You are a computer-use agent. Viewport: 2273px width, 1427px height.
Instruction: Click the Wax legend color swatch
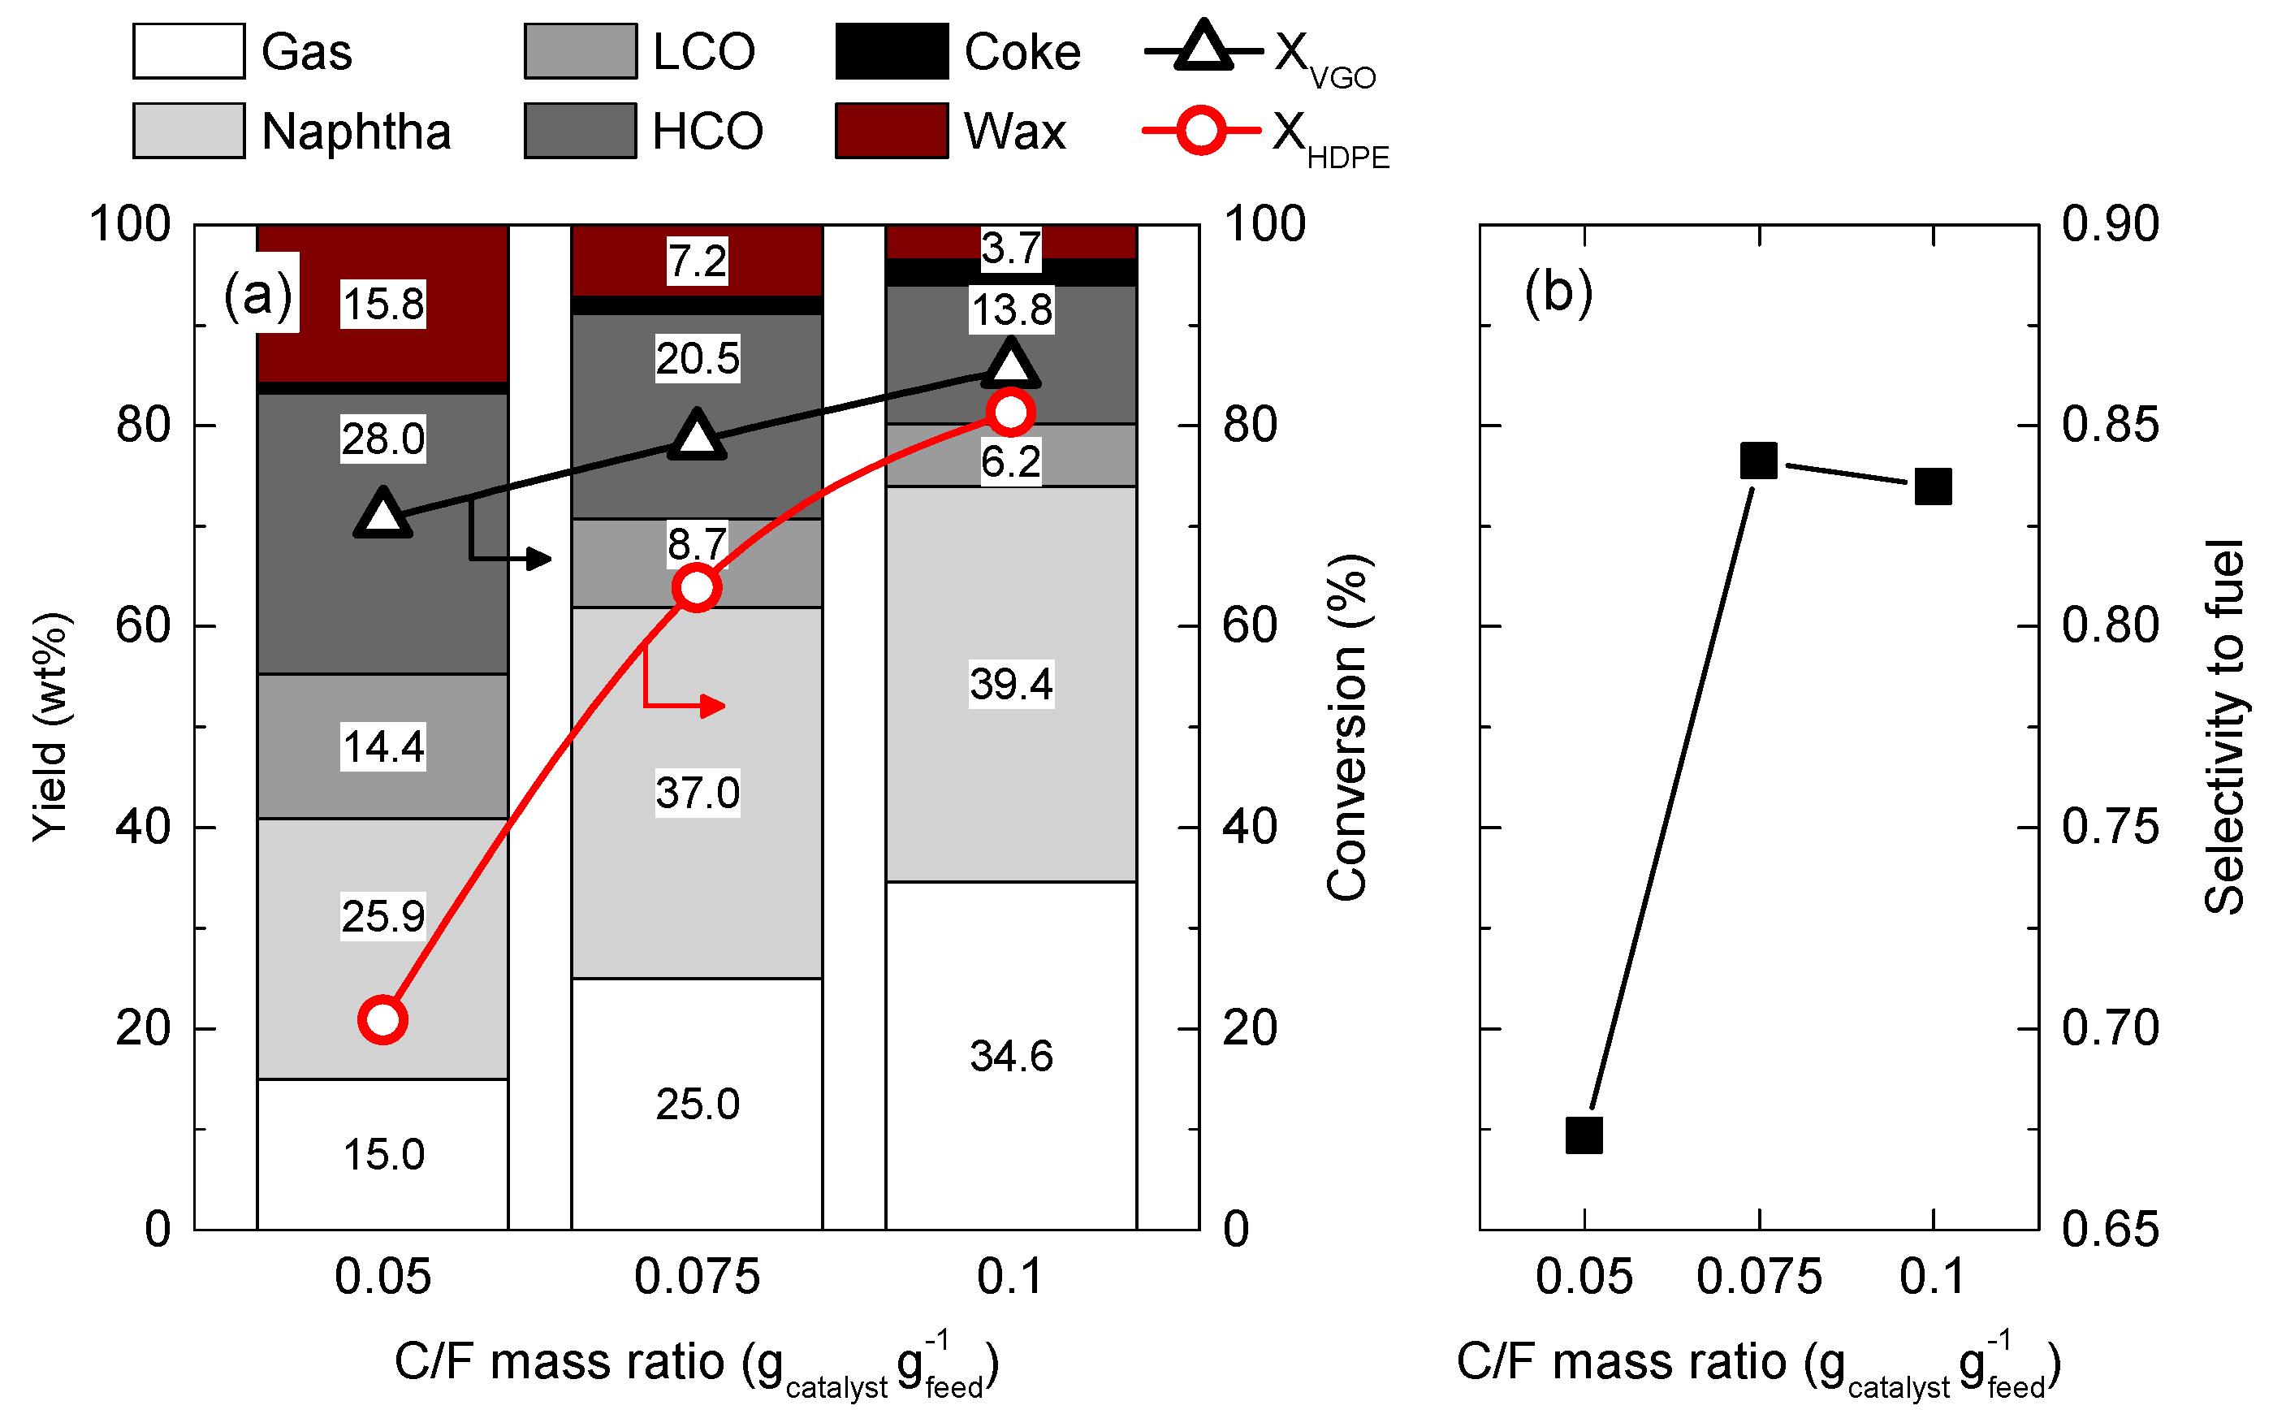[890, 130]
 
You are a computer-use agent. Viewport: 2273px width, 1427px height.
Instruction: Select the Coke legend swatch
[890, 51]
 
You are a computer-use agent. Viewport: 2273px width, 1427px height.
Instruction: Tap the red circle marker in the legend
[1200, 130]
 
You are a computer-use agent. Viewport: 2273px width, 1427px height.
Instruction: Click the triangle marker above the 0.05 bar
[382, 514]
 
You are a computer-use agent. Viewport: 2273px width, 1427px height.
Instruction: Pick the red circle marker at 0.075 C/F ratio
[696, 588]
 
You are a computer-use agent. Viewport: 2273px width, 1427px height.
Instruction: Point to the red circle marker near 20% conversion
[382, 1019]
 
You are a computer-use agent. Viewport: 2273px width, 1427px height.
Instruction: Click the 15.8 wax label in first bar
[382, 304]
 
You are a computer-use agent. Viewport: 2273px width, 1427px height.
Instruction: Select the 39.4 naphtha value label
[1009, 683]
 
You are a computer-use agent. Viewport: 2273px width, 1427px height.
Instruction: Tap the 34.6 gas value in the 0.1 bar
[1009, 1055]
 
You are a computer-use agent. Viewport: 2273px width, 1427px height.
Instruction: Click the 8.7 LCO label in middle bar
[696, 543]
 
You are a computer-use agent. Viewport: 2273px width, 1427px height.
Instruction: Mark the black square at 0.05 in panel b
[1584, 1135]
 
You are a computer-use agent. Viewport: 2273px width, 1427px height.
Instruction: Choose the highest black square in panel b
[1758, 461]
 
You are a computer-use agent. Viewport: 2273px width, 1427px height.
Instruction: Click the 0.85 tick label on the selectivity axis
[2109, 425]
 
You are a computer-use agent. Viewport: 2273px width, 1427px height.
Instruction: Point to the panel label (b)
[1558, 292]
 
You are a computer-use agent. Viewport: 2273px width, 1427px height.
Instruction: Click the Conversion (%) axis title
[1346, 727]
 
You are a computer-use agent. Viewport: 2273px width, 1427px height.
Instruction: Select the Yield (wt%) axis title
[49, 727]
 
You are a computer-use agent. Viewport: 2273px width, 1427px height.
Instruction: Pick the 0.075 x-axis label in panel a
[696, 1277]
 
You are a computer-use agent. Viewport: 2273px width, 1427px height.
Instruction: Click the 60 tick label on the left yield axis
[142, 625]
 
